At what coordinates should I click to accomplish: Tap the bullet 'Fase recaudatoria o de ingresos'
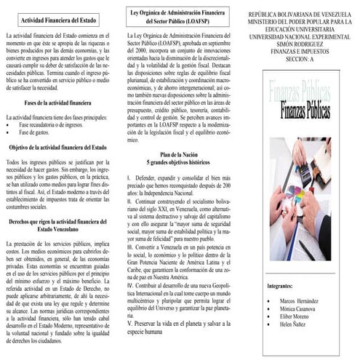point(51,124)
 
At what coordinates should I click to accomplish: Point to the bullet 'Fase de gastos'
point(37,132)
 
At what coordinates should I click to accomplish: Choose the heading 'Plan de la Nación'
point(179,155)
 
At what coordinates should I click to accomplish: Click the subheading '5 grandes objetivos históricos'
point(179,163)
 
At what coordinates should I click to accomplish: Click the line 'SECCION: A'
point(299,60)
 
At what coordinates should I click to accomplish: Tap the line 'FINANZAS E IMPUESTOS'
point(299,52)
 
